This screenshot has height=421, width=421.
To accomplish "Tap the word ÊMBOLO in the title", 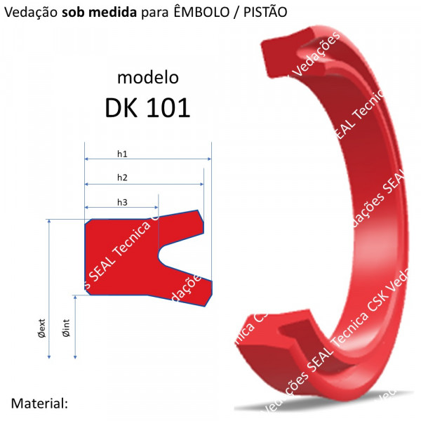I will pyautogui.click(x=199, y=13).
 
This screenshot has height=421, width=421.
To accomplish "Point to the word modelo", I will pyautogui.click(x=147, y=76).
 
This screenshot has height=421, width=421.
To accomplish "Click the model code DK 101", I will pyautogui.click(x=147, y=107).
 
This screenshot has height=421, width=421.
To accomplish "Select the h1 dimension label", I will pyautogui.click(x=122, y=153).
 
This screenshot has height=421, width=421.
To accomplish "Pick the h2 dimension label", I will pyautogui.click(x=122, y=177).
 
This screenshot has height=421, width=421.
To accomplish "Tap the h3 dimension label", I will pyautogui.click(x=122, y=202).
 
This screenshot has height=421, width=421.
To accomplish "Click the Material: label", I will pyautogui.click(x=39, y=403).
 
